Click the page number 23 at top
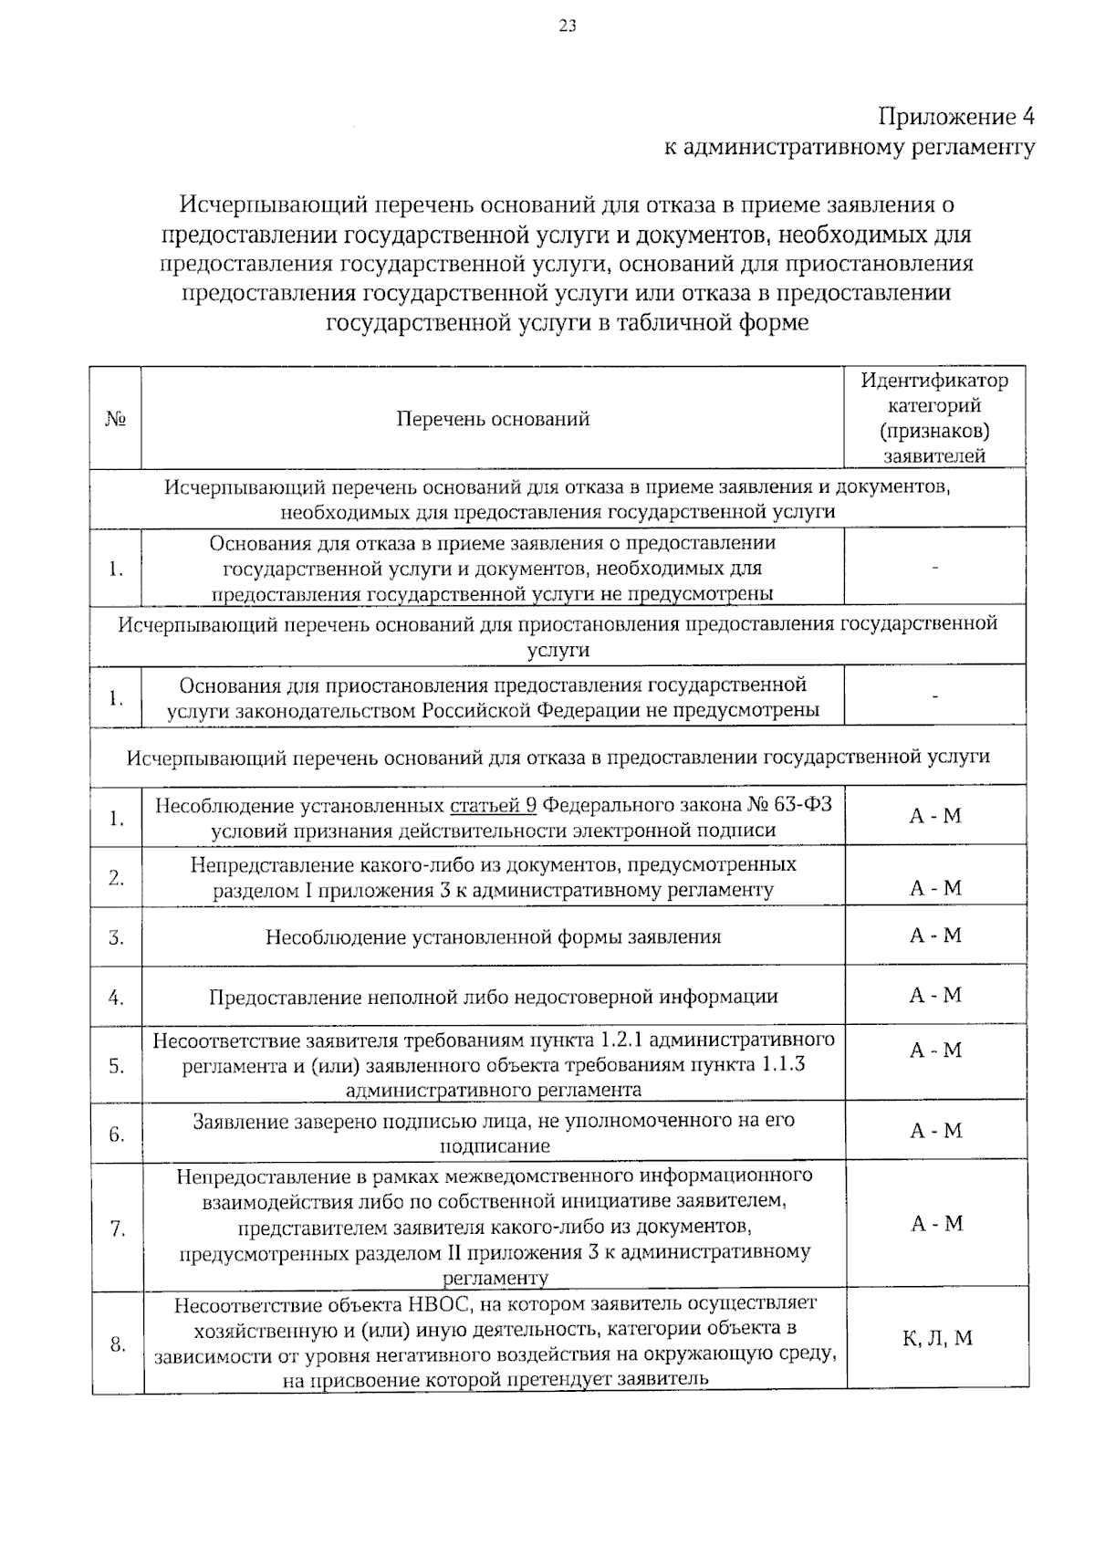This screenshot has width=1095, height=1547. (567, 26)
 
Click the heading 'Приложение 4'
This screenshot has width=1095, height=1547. (956, 118)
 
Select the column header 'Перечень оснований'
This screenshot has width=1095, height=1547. (493, 419)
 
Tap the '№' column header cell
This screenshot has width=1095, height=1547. (115, 419)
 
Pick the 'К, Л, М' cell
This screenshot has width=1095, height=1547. (937, 1339)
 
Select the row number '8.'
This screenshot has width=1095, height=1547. (117, 1343)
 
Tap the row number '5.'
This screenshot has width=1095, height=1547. (117, 1065)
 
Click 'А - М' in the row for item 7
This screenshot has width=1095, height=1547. (936, 1224)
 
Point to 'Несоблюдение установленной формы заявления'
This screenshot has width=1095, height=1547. (493, 936)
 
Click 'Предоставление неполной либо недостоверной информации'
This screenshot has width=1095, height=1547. (493, 997)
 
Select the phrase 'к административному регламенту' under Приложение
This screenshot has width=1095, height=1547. (849, 147)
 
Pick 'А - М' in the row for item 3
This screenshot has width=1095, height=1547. (935, 936)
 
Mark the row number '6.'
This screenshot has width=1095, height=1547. (117, 1134)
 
